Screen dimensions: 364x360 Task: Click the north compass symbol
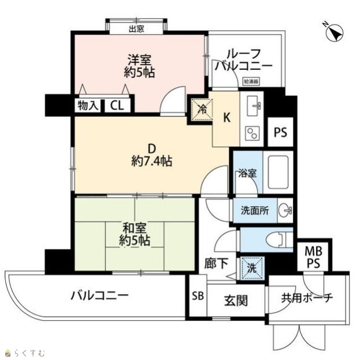(x=334, y=32)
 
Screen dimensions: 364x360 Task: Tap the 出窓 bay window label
(x=136, y=29)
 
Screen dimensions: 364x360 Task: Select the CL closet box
(x=117, y=106)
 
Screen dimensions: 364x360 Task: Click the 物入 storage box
(x=87, y=106)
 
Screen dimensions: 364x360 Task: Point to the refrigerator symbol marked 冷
(x=202, y=109)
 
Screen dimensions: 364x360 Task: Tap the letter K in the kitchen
(x=226, y=117)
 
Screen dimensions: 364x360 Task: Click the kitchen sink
(x=254, y=106)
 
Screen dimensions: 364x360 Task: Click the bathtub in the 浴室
(x=278, y=172)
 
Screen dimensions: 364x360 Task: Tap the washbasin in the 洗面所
(x=285, y=210)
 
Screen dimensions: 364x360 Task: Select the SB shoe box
(x=198, y=295)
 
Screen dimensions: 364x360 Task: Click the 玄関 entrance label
(x=236, y=300)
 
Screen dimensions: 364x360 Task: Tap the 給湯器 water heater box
(x=251, y=81)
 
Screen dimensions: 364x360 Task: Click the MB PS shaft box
(x=313, y=257)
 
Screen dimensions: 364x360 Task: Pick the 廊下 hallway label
(x=216, y=263)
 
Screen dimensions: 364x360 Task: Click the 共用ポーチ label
(x=307, y=298)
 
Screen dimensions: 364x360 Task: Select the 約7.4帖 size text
(x=151, y=161)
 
